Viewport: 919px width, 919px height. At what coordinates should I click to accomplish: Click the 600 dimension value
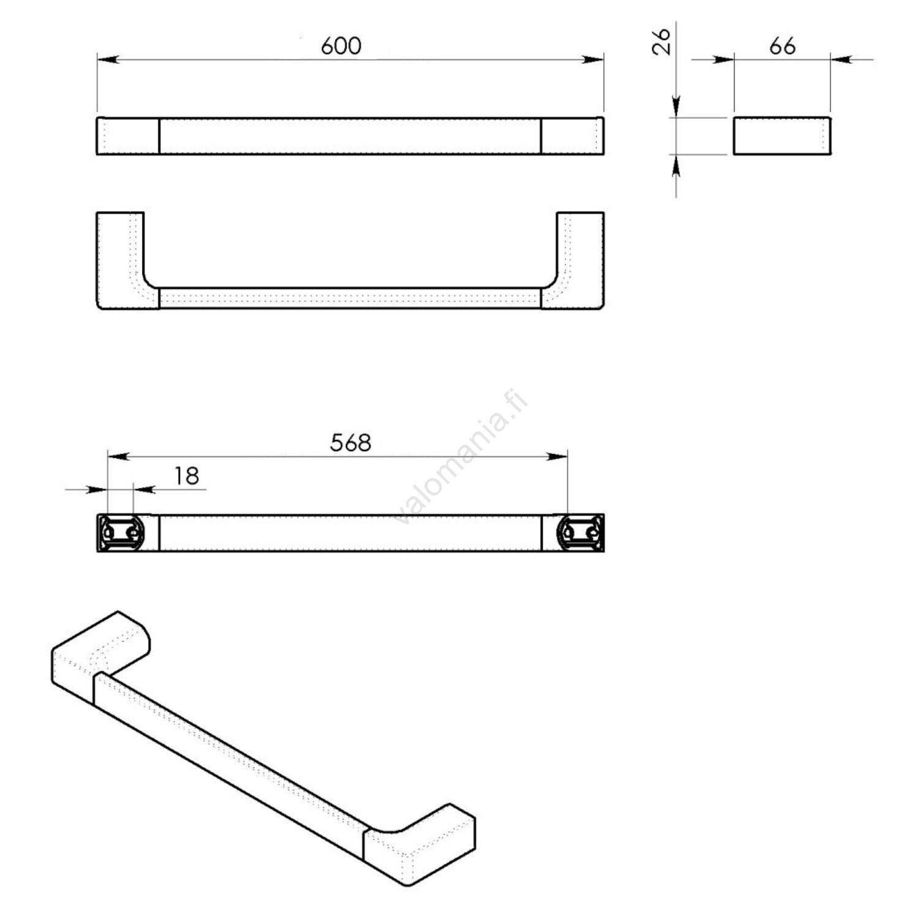tap(341, 46)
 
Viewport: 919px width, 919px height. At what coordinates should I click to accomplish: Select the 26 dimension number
tap(662, 42)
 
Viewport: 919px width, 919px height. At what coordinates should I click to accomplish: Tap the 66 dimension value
tap(782, 46)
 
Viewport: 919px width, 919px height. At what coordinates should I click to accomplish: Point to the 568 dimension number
tap(350, 443)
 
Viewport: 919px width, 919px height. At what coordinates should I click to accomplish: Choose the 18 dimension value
tap(186, 475)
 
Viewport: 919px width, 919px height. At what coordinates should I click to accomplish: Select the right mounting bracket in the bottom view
tap(580, 532)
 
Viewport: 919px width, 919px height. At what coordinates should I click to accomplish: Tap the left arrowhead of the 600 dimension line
tap(107, 59)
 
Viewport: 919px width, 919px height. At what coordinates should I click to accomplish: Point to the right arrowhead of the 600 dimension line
tap(594, 59)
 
